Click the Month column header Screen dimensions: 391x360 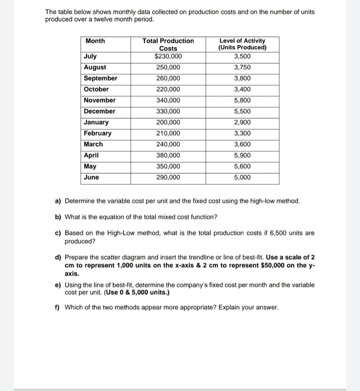(x=95, y=41)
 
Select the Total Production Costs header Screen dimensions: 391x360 (x=168, y=44)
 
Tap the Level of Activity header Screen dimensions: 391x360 (x=242, y=44)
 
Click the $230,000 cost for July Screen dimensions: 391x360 (x=168, y=57)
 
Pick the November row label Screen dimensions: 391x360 (x=100, y=100)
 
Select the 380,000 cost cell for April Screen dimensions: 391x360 (x=168, y=155)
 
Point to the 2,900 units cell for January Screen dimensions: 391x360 (x=242, y=123)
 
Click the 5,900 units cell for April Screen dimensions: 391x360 (x=242, y=155)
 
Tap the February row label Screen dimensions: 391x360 (x=98, y=133)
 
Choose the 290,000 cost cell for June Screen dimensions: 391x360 (x=168, y=178)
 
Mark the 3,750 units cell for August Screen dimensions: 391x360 (x=242, y=68)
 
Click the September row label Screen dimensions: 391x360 (x=101, y=78)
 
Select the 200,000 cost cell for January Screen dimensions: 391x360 (x=168, y=123)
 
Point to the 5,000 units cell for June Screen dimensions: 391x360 (x=242, y=178)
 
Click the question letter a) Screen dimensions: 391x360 (x=58, y=201)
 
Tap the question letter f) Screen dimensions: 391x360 (x=57, y=308)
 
